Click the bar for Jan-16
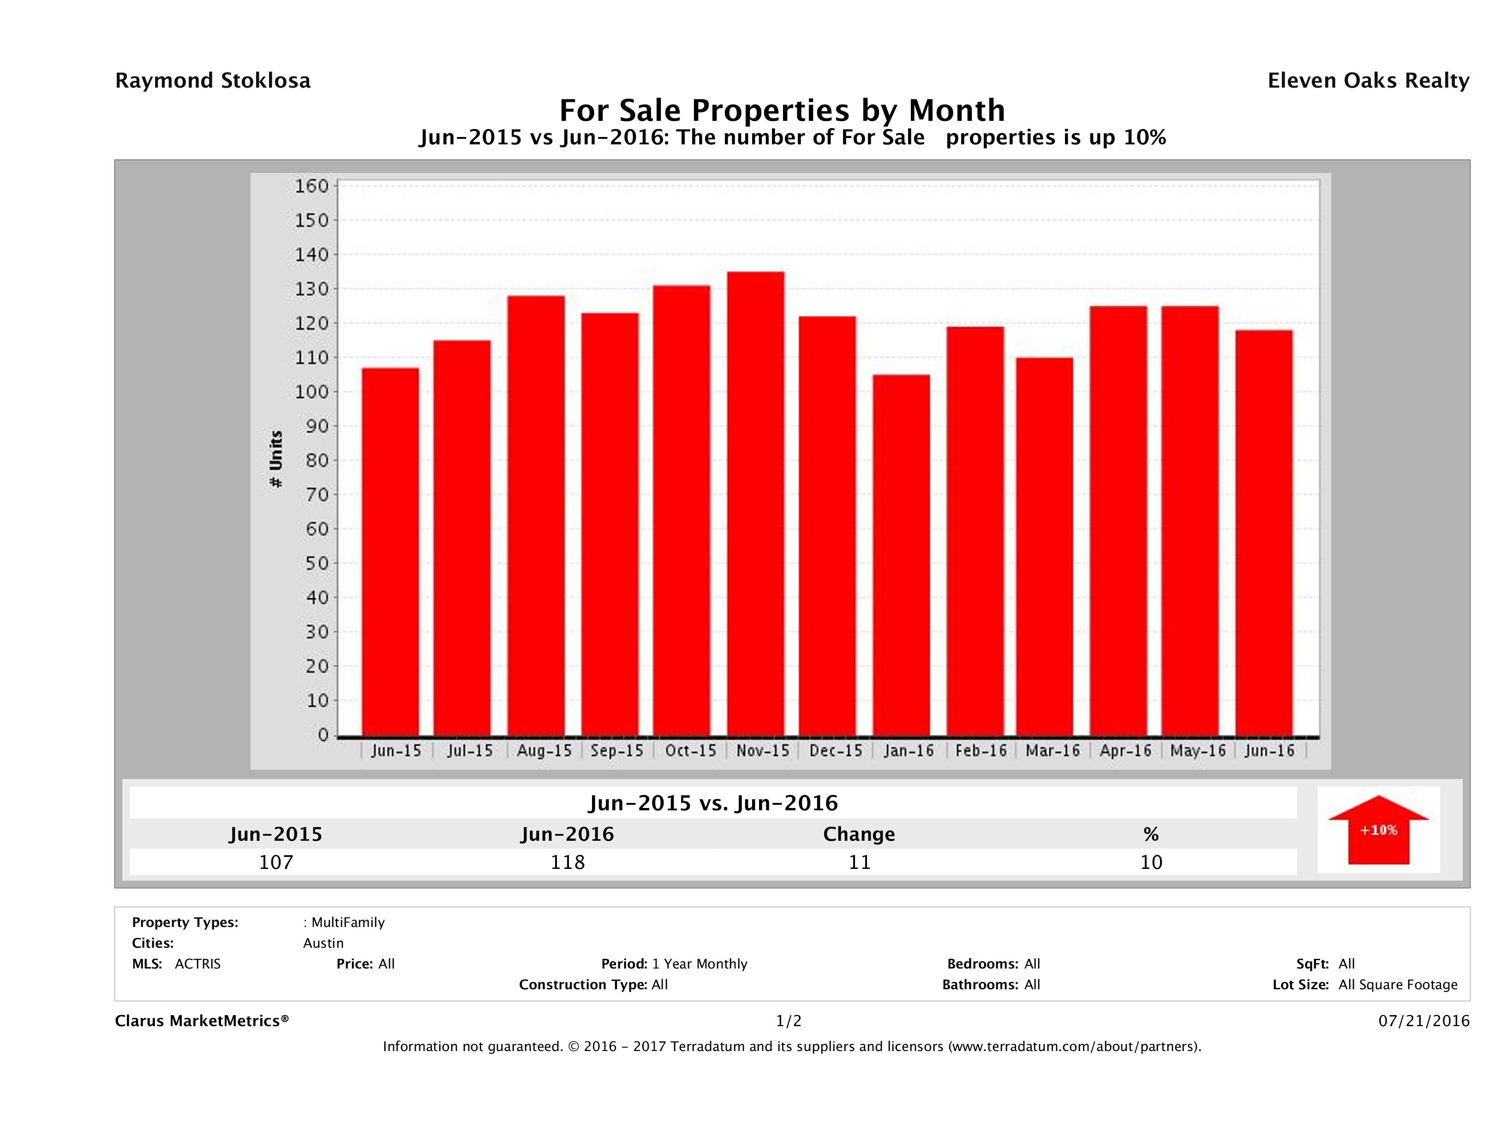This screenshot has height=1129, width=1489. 901,555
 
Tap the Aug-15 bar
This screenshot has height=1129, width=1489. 536,516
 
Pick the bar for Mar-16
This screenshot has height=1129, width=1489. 1045,547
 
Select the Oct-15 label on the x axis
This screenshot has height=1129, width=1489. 691,750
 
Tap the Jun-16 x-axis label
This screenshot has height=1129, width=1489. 1269,750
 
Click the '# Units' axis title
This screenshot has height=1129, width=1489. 276,459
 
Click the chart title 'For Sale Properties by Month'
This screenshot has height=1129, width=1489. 782,110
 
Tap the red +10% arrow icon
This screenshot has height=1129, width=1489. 1378,830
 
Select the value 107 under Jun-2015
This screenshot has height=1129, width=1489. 276,862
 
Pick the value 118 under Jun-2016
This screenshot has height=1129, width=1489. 568,862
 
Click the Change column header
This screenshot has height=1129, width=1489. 859,834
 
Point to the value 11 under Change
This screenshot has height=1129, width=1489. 860,862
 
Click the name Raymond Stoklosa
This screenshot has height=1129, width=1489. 213,81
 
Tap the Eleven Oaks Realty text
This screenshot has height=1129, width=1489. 1368,81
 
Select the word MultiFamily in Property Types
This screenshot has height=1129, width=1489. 347,922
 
